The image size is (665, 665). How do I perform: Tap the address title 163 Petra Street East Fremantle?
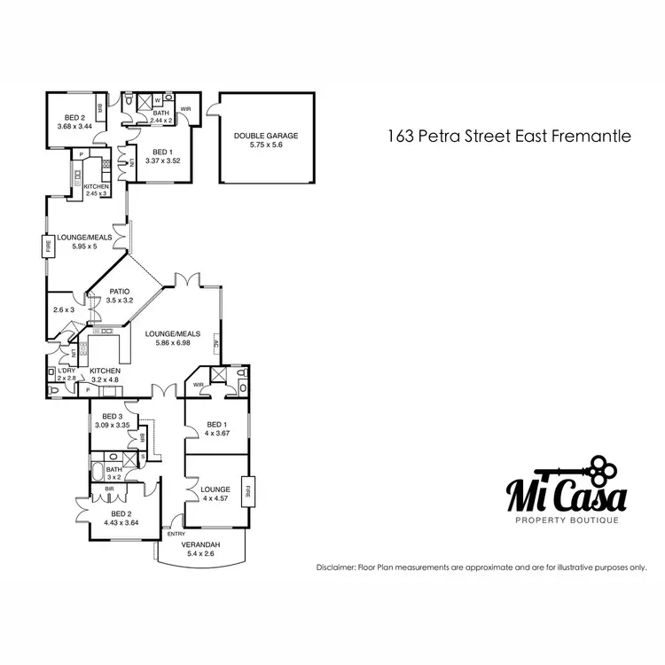(509, 137)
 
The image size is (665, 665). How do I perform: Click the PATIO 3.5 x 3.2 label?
(120, 296)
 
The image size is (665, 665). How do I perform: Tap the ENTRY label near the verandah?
(176, 534)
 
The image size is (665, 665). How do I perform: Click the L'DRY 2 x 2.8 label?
(66, 374)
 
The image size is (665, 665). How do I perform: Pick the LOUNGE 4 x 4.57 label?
(215, 493)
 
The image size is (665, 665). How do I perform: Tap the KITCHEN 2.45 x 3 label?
(96, 190)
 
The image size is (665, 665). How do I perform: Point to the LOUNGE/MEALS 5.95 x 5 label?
(82, 241)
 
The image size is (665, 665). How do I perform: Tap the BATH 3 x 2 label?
(113, 473)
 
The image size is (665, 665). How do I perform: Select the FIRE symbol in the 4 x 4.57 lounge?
(250, 491)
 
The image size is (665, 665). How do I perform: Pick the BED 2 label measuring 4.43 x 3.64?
(121, 517)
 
